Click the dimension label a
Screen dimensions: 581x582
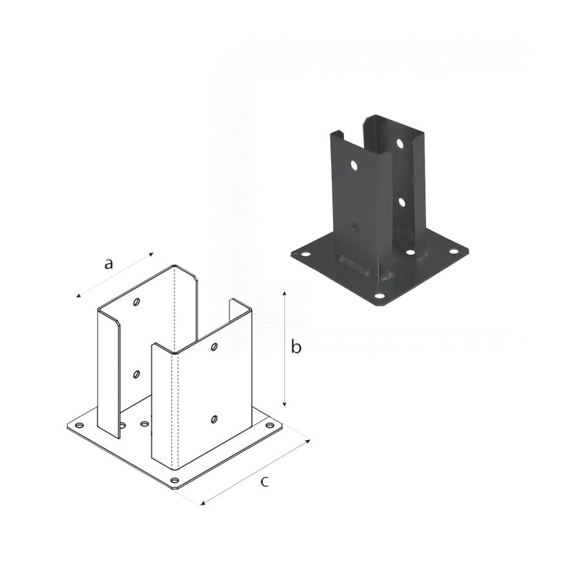point(108,264)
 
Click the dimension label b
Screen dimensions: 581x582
point(296,346)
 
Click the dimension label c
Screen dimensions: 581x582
point(264,482)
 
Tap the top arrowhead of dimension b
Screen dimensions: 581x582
point(285,294)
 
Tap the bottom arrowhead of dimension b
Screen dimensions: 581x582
point(285,403)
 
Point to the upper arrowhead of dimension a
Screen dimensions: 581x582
point(151,254)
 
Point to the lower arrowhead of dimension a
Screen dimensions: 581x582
point(78,296)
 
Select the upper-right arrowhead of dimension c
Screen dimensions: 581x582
point(308,441)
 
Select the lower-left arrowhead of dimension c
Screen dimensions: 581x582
point(203,503)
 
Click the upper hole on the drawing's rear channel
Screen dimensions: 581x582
point(137,302)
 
